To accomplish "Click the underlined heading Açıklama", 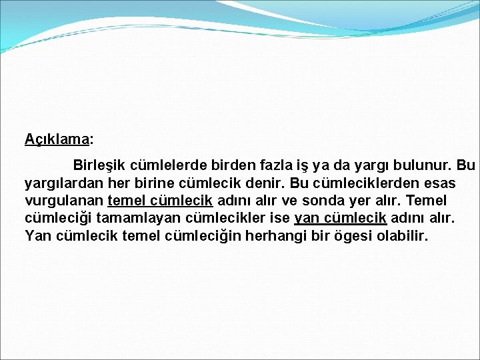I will pos(57,139).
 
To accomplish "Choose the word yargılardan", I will pos(65,183).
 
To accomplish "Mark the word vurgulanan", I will pos(64,200).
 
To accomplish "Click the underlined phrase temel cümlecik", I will pos(160,200).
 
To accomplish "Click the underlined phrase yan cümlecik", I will pos(340,218).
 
